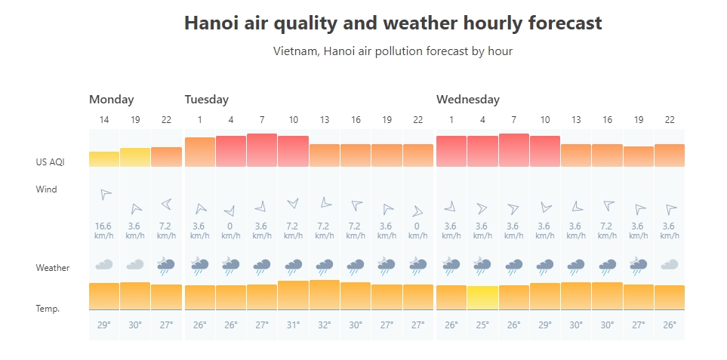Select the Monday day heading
tap(111, 100)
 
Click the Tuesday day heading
tap(206, 100)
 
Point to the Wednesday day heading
tap(467, 100)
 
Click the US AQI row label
tap(50, 162)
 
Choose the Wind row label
tap(46, 189)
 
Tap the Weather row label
tap(53, 268)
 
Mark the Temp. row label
tap(48, 309)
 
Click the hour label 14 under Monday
tap(104, 120)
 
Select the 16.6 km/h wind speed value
tap(104, 226)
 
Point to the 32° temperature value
tap(325, 325)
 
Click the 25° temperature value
tap(482, 325)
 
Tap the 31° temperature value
tap(293, 325)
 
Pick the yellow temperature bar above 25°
tap(482, 298)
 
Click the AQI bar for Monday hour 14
tap(104, 159)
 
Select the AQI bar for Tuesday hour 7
tap(261, 150)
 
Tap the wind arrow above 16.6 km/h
tap(105, 194)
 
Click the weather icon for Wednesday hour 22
tap(669, 264)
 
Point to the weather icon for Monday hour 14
tap(104, 264)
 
